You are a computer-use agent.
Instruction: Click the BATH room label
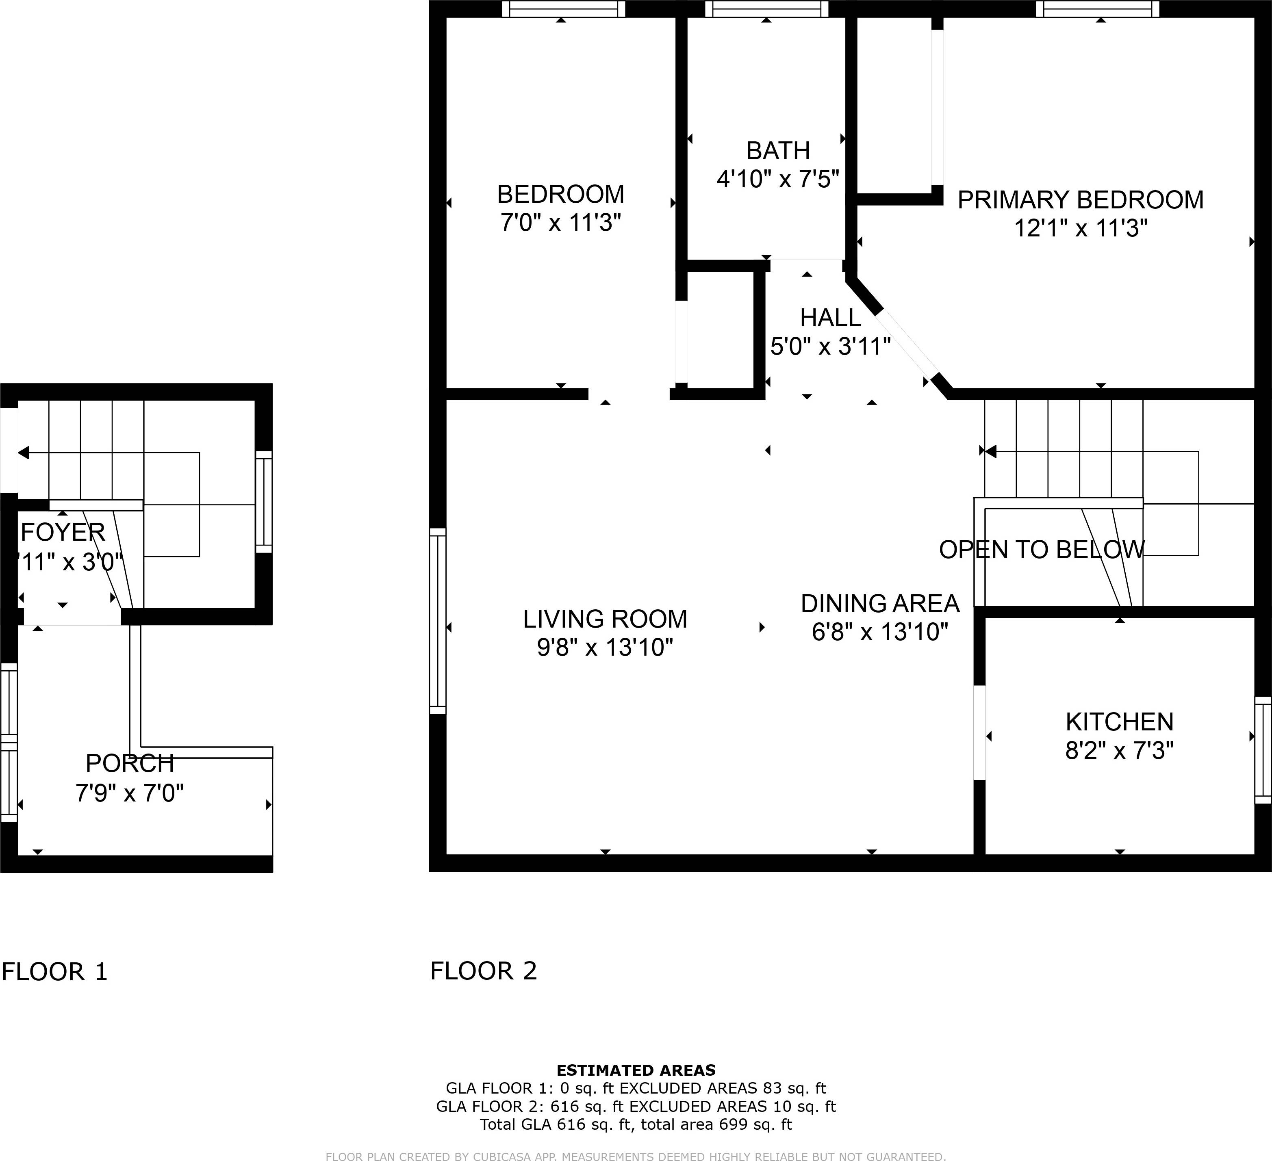click(777, 151)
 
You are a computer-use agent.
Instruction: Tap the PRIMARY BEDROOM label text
click(1080, 200)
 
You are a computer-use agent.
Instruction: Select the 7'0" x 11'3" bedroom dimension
click(560, 223)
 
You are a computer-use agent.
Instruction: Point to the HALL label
click(830, 318)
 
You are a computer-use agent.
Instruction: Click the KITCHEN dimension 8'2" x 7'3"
click(1119, 750)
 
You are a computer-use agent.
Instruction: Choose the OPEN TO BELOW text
click(1041, 550)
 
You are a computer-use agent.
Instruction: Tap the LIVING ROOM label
click(604, 619)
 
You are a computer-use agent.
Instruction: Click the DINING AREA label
click(879, 604)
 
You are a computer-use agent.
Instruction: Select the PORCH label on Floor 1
click(129, 764)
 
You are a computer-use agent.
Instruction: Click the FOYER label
click(63, 533)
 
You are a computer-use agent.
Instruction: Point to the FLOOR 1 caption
click(55, 972)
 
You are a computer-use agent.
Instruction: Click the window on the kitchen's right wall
click(1262, 750)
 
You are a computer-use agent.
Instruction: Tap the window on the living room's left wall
click(437, 621)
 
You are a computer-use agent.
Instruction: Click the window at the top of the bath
click(766, 9)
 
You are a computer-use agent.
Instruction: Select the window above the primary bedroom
click(1101, 9)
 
